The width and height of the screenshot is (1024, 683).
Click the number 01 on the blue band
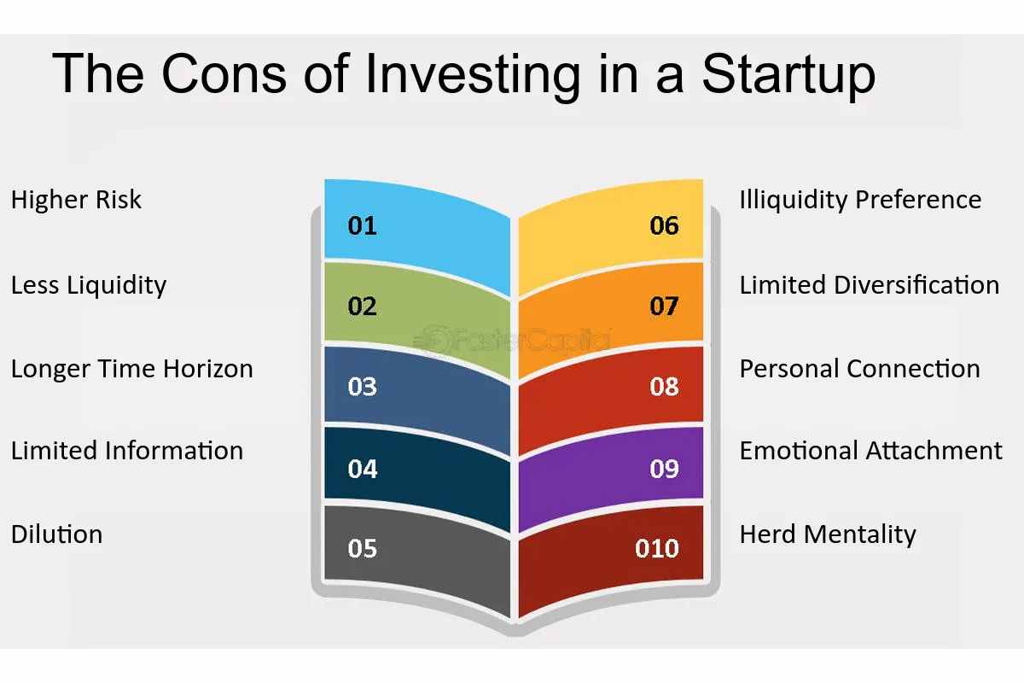362,226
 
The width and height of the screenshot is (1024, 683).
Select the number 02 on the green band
362,306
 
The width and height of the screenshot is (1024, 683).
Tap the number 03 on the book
362,387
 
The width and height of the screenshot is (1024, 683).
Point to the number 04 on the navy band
362,469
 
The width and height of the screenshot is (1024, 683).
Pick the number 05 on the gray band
362,548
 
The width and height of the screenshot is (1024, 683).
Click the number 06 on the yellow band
663,226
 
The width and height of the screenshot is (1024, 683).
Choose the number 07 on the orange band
663,306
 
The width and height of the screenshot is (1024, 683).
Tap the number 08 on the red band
663,387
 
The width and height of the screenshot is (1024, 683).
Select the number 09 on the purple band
663,469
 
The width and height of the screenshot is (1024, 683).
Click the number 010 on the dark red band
656,548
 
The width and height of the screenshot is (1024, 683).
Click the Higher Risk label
76,200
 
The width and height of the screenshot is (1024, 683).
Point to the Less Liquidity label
88,285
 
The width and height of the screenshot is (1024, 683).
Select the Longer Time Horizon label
131,369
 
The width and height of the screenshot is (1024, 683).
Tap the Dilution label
56,534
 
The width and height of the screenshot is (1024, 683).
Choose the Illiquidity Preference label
860,200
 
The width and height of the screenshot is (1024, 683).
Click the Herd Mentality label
828,534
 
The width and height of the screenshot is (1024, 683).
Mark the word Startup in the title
788,75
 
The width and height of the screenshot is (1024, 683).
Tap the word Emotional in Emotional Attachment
800,451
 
